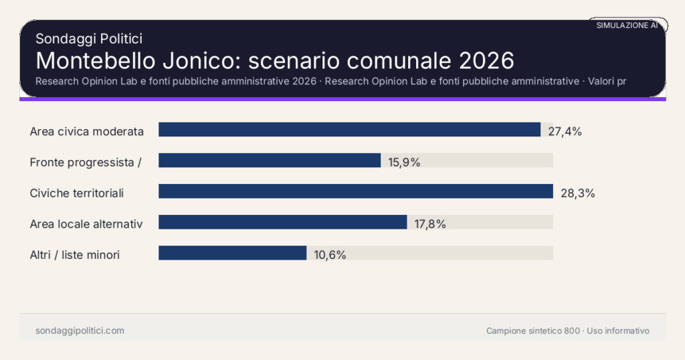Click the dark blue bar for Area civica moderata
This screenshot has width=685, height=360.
coord(349,130)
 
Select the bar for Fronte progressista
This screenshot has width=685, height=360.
coord(270,161)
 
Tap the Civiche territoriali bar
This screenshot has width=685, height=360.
coord(355,191)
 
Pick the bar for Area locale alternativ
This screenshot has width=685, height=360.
coord(282,222)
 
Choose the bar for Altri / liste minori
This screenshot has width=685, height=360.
coord(232,253)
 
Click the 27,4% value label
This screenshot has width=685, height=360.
coord(565,131)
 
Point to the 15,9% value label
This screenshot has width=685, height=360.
coord(404,162)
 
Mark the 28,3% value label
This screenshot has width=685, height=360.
coord(577,193)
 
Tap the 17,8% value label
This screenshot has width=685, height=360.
coord(430,224)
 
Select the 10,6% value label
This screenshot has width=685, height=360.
coord(330,255)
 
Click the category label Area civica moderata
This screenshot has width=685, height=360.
coord(87,131)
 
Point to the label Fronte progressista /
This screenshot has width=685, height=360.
coord(85,162)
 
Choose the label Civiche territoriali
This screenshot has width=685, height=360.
coord(77,193)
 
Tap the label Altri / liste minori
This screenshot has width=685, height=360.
coord(75,255)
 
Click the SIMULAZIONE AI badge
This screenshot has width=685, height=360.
coord(627,25)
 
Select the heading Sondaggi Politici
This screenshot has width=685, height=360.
coord(88,39)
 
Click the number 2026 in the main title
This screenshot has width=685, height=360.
coord(486,60)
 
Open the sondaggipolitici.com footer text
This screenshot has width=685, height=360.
coord(80,331)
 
